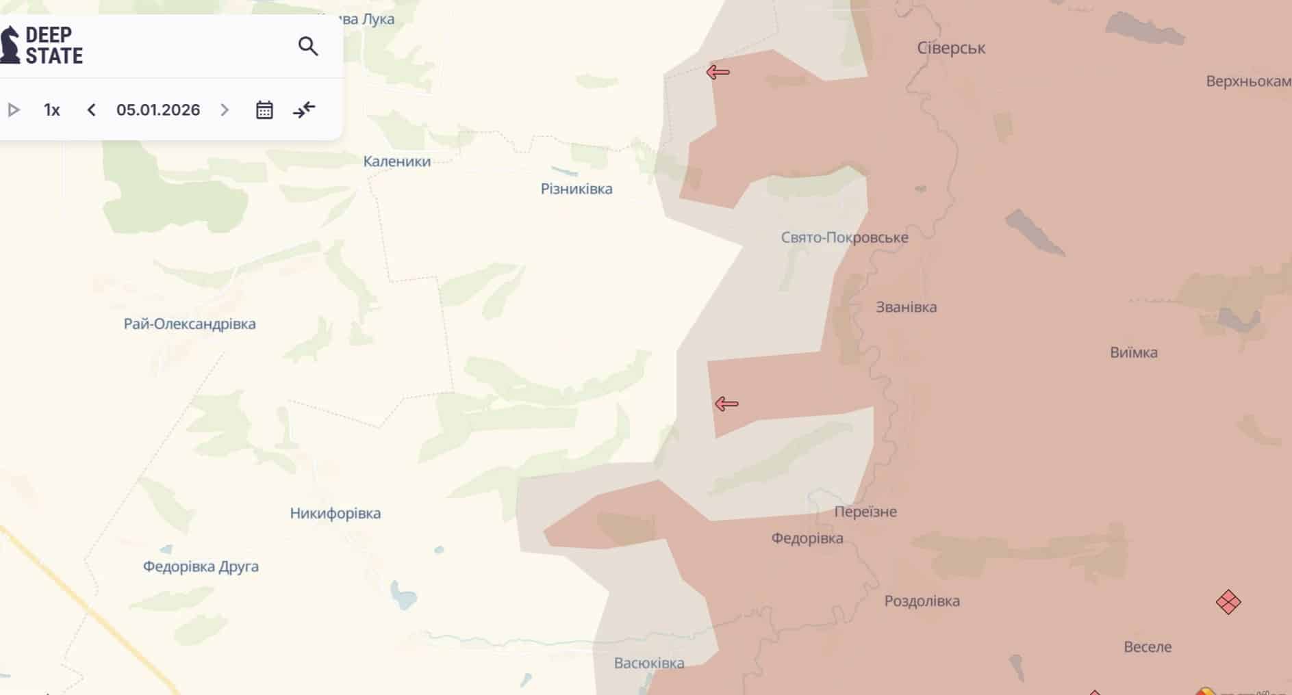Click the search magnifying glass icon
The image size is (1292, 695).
[308, 47]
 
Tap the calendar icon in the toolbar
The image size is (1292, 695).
[264, 110]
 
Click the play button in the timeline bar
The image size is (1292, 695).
[14, 110]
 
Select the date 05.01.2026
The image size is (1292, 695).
[158, 110]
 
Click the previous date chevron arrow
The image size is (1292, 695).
[92, 110]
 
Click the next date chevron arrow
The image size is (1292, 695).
[225, 110]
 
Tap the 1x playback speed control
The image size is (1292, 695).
[52, 110]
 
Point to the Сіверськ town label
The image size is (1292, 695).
[951, 48]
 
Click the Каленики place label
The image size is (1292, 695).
[397, 161]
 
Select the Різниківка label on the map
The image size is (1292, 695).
[577, 189]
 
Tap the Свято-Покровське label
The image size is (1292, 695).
[844, 237]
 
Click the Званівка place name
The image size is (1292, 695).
[906, 307]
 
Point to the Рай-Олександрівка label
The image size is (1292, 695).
[190, 324]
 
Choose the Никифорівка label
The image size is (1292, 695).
[335, 513]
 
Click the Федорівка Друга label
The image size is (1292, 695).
[201, 566]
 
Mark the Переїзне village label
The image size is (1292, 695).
[865, 512]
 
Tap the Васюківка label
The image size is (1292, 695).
[649, 663]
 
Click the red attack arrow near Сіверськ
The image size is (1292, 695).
[718, 72]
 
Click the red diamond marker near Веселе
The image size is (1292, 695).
[1228, 602]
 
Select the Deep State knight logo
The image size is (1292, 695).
[10, 45]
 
